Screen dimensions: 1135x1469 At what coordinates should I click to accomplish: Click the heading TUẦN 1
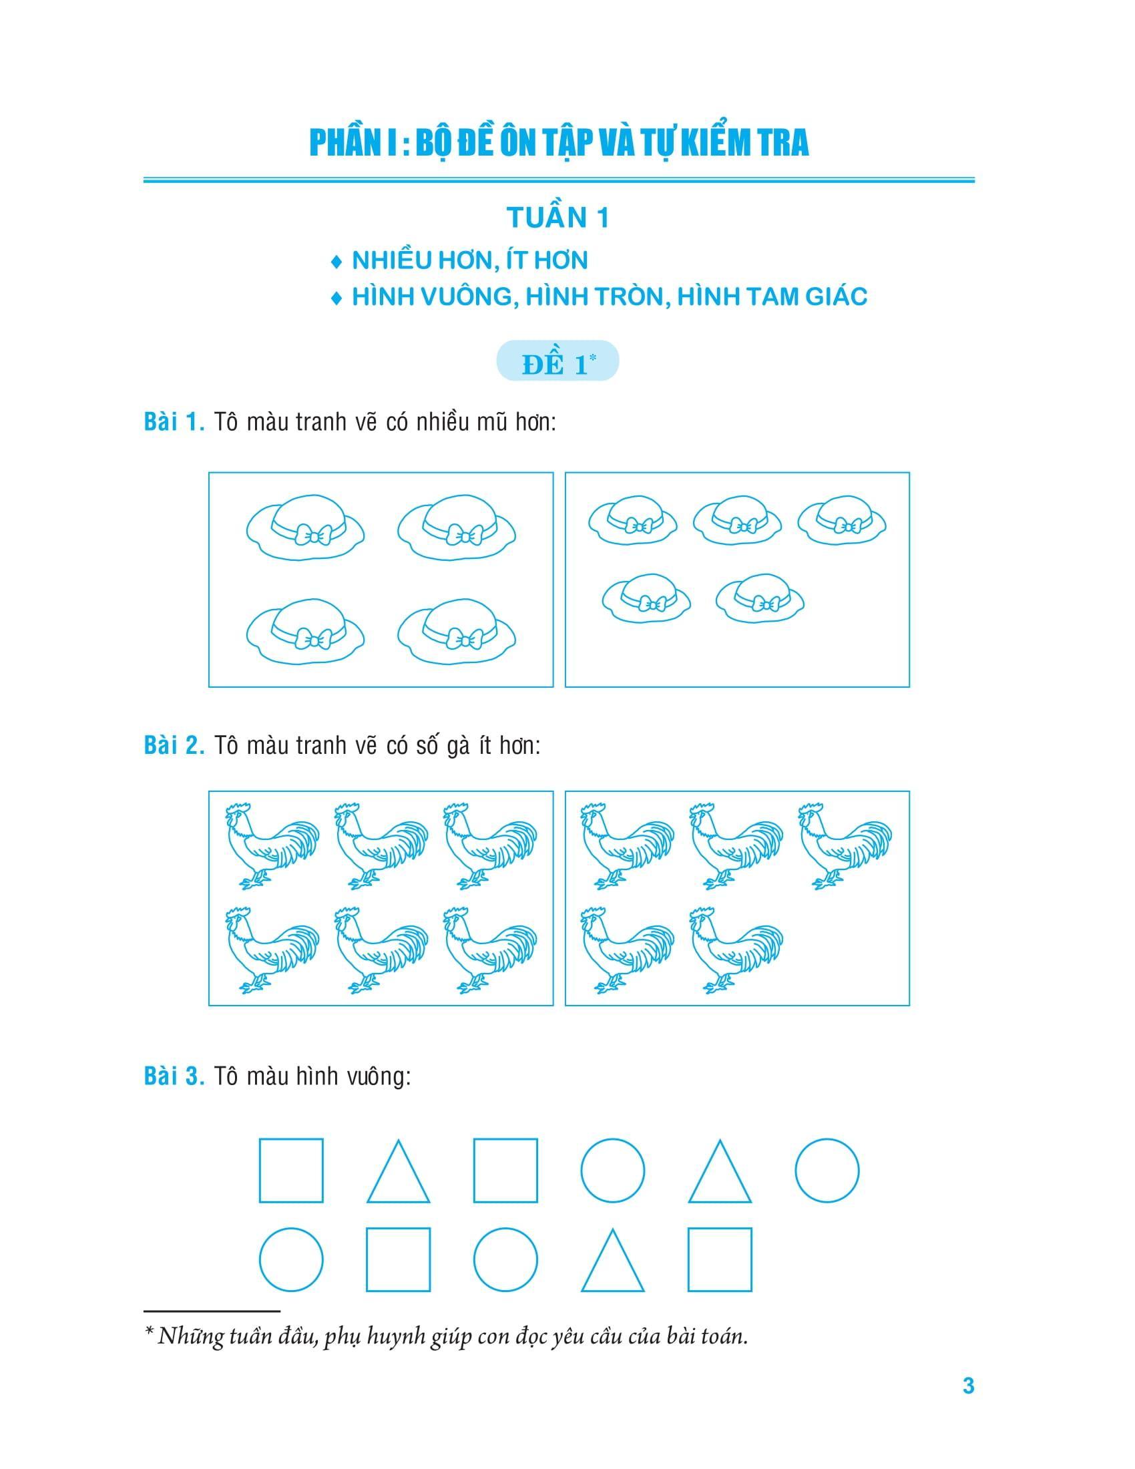pos(557,218)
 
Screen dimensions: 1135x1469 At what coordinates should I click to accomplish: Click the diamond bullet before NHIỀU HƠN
pos(336,262)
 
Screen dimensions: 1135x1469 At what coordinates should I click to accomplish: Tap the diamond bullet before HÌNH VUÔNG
pos(336,298)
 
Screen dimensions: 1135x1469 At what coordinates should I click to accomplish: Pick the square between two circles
pos(398,1259)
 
